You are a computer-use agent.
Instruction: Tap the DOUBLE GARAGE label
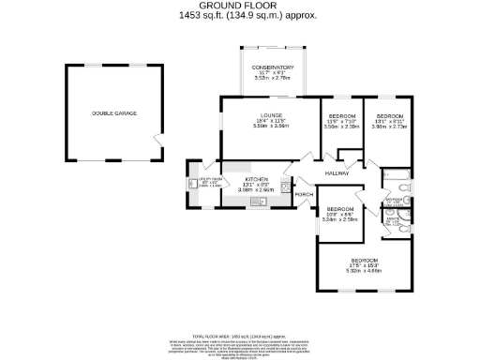click(x=113, y=113)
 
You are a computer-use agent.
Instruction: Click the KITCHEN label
click(x=257, y=178)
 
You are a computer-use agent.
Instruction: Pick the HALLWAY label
click(x=337, y=173)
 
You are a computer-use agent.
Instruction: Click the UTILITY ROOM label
click(x=210, y=178)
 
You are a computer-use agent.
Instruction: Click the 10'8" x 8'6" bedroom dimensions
click(x=339, y=215)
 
